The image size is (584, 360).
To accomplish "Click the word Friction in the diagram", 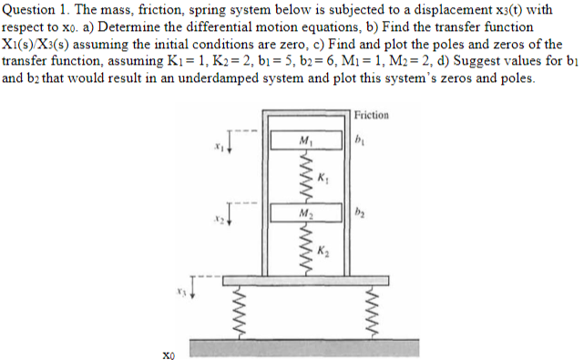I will [371, 116].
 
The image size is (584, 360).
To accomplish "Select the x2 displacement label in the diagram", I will [217, 218].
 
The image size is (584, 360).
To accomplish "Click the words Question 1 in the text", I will [36, 10].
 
